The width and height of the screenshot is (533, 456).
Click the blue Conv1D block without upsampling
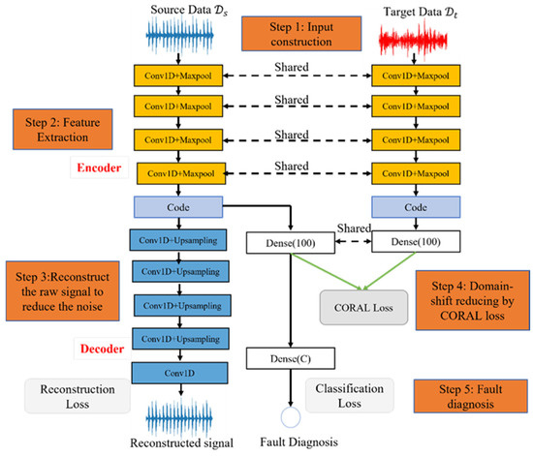pyautogui.click(x=175, y=368)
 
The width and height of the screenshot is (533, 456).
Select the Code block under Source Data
pyautogui.click(x=175, y=207)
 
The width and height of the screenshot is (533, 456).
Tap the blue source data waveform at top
pyautogui.click(x=175, y=41)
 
